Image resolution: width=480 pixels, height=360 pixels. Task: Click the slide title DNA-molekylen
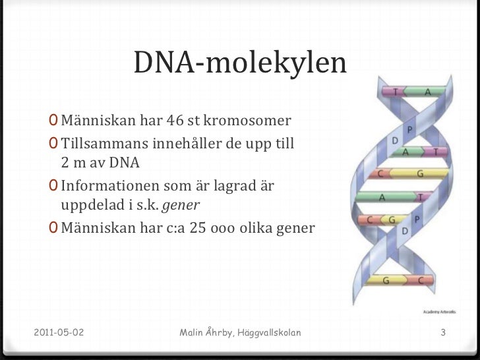240,63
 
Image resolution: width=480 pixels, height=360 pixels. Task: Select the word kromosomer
250,121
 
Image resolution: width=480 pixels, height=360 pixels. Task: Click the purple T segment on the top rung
395,92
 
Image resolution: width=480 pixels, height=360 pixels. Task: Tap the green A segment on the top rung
427,92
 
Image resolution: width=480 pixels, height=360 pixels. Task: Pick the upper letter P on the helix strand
409,129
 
